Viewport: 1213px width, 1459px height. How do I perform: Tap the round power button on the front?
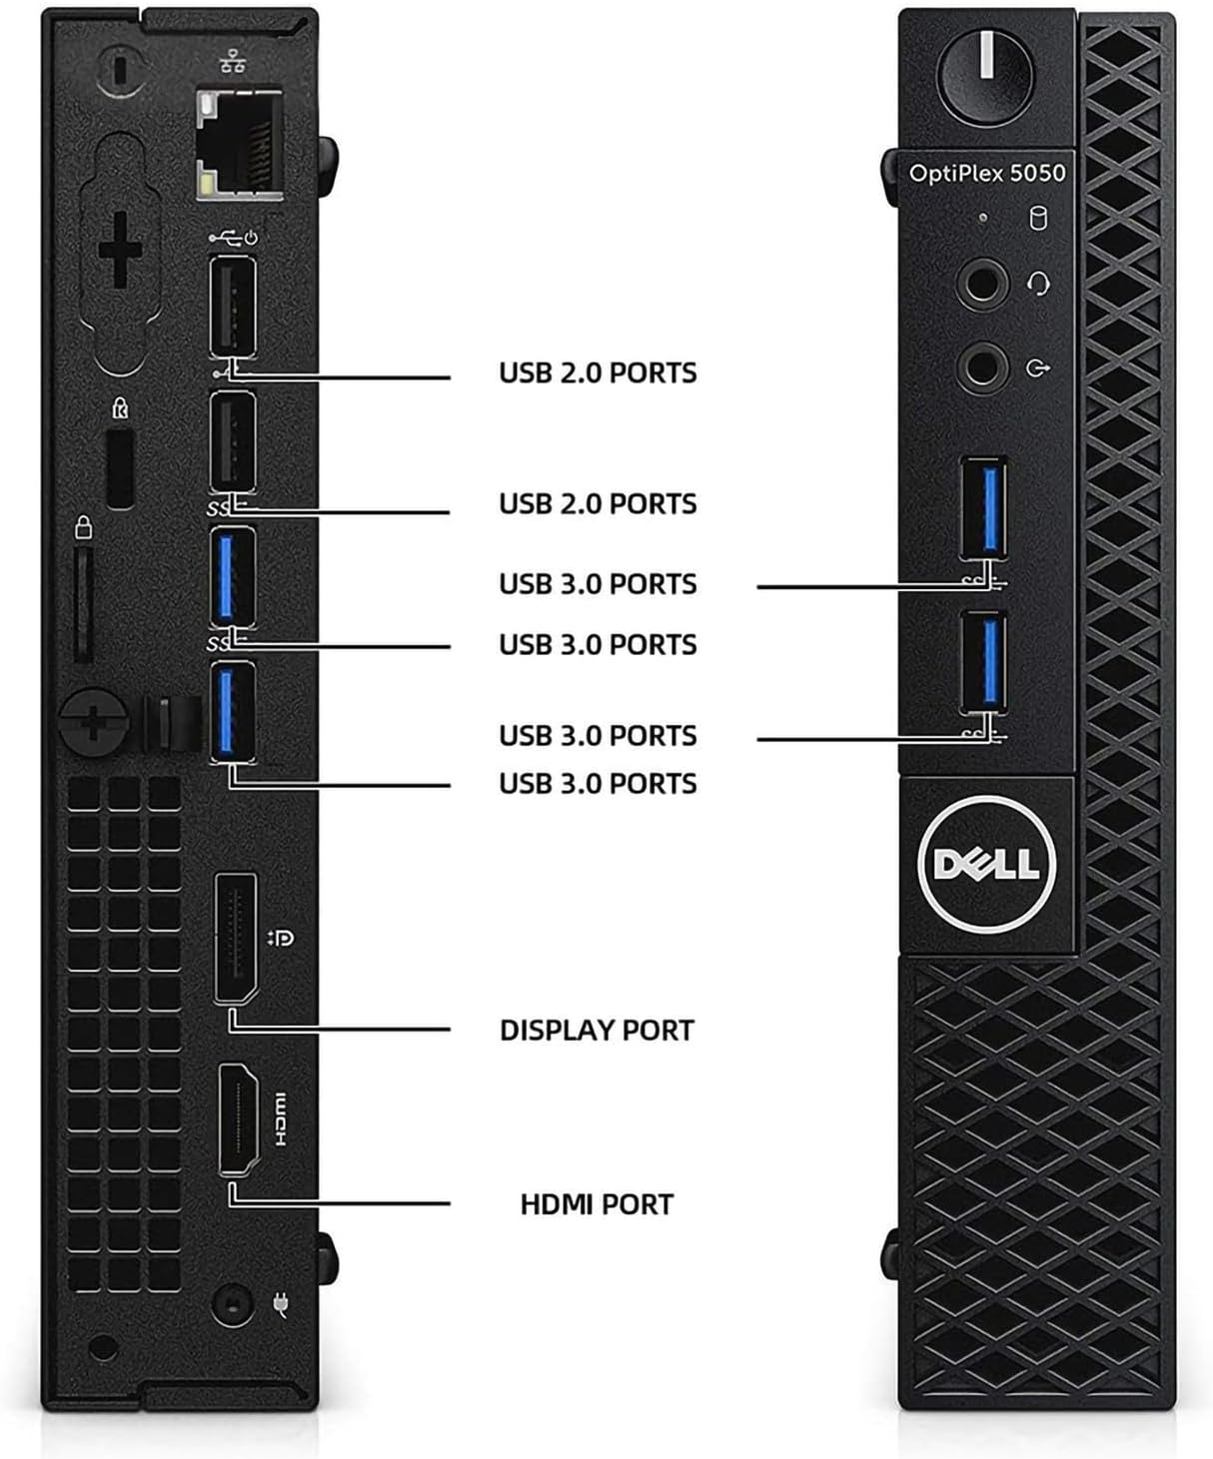[985, 70]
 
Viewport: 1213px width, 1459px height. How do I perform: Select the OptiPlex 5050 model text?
[986, 173]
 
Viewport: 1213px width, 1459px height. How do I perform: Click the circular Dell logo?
[985, 863]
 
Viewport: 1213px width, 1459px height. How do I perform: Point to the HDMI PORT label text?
[597, 1204]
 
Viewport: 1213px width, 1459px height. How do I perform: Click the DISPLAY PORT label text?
[597, 1030]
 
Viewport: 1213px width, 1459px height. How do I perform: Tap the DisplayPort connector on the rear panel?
[235, 938]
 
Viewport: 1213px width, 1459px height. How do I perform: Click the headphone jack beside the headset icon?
[982, 286]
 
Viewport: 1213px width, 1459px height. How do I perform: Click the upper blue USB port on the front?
[984, 507]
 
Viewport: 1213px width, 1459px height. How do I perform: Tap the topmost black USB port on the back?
[233, 306]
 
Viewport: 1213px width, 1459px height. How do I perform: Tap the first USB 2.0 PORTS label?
[598, 373]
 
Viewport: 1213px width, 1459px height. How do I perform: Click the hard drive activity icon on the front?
[1038, 217]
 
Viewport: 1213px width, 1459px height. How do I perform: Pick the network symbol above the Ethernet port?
[233, 63]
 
